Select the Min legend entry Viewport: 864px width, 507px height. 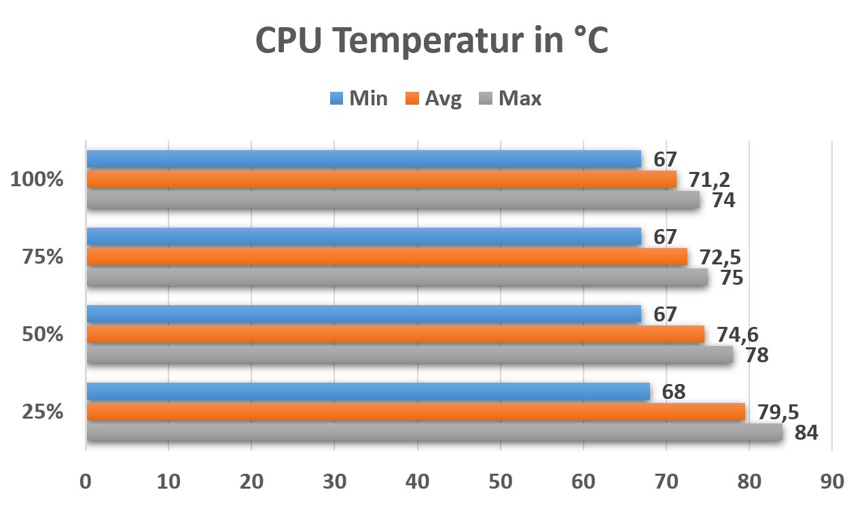tap(359, 99)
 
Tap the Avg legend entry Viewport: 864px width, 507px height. tap(434, 99)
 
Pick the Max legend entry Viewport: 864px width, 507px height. tap(511, 99)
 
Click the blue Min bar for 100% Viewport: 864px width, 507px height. tap(363, 159)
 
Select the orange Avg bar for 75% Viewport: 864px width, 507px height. tap(386, 257)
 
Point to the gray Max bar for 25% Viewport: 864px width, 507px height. tap(434, 433)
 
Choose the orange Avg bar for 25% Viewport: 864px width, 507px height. tap(416, 412)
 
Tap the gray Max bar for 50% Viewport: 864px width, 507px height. tap(410, 355)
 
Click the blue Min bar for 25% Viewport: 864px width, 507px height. tap(367, 391)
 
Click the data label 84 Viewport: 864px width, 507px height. tap(806, 433)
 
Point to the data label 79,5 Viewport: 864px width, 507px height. tap(778, 412)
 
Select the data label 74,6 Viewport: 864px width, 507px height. tap(738, 334)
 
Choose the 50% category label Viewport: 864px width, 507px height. tap(42, 335)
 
